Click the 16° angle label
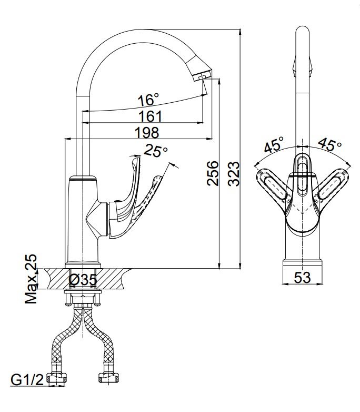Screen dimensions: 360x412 coord(148,100)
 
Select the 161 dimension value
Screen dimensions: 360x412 coord(150,116)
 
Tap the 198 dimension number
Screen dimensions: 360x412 coord(147,133)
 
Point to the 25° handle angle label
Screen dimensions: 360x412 coord(155,151)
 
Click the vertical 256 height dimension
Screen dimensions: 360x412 coord(213,173)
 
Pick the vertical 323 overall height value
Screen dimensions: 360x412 coord(234,174)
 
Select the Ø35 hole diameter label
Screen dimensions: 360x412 coord(83,279)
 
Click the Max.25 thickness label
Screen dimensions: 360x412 coord(31,279)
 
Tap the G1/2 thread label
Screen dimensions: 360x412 coord(27,380)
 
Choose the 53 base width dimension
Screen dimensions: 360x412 coord(302,278)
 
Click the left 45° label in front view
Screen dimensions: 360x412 coord(274,144)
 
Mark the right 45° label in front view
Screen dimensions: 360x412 coord(330,144)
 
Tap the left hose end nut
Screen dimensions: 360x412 coord(56,378)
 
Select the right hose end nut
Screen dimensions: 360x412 coord(108,378)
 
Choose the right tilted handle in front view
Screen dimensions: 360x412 coord(332,187)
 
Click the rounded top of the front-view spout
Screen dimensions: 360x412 coord(303,29)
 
